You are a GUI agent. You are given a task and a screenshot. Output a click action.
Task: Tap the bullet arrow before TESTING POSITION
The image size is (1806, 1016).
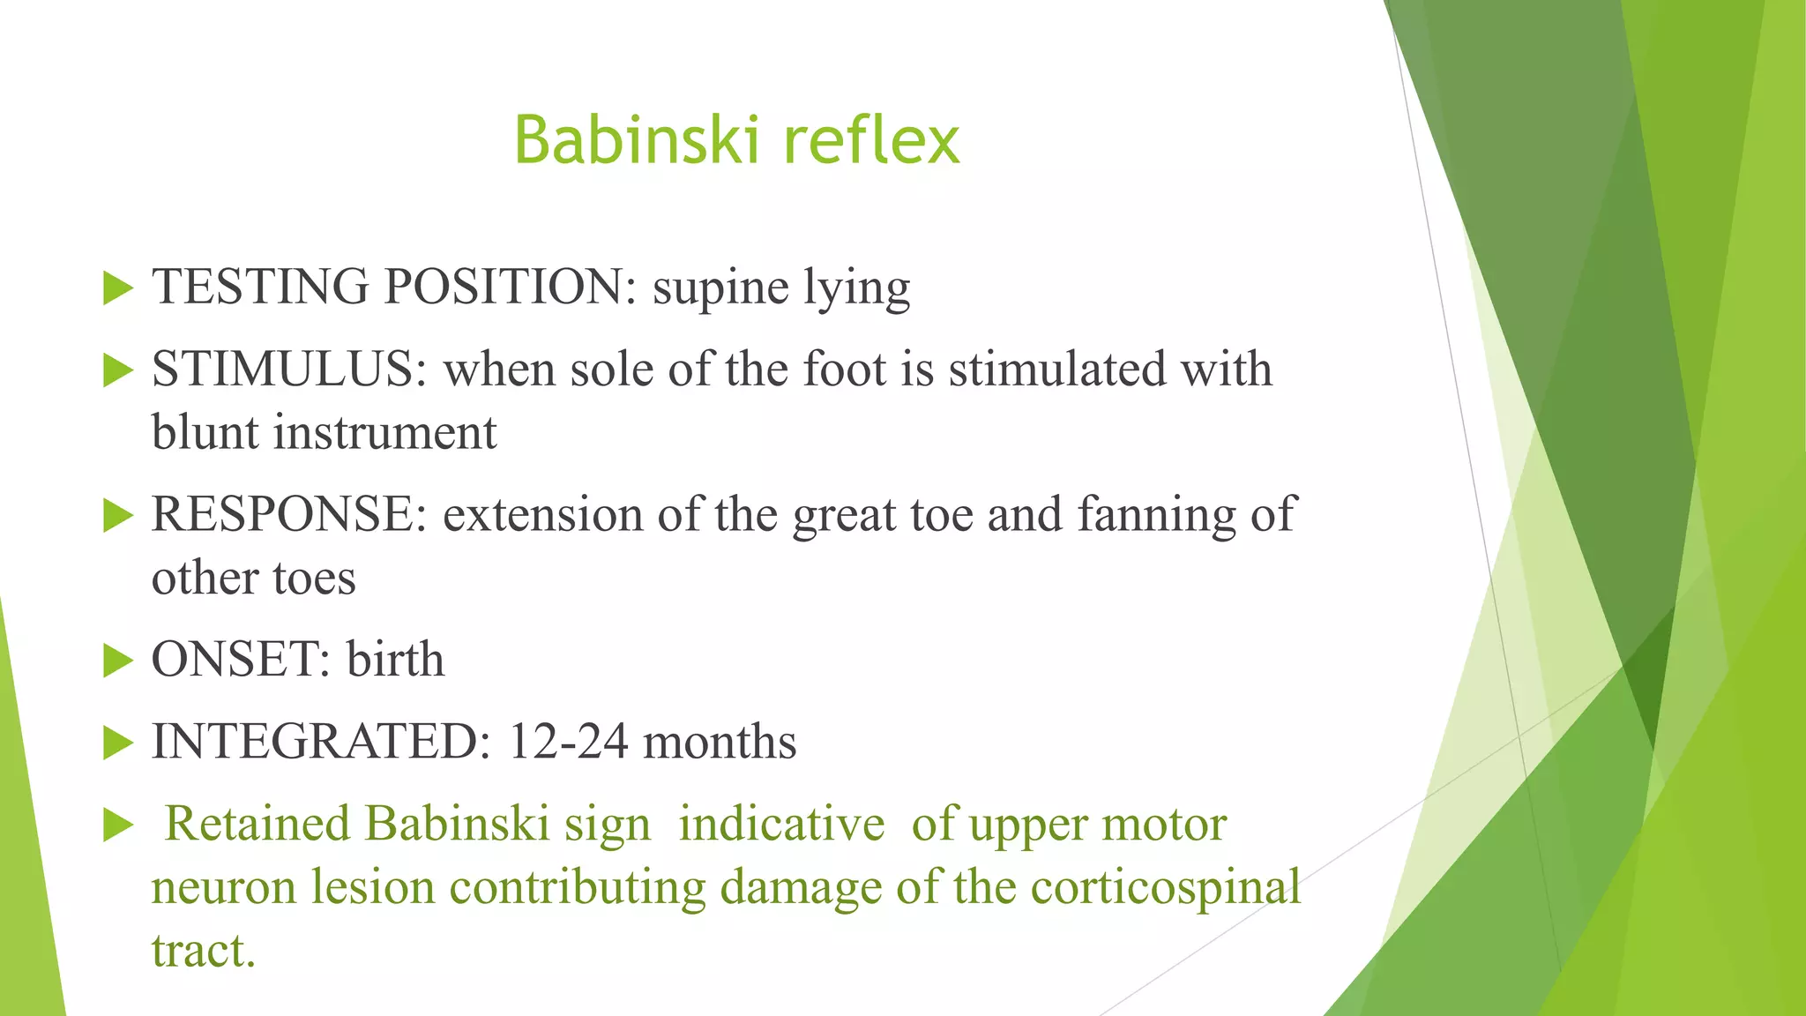click(117, 288)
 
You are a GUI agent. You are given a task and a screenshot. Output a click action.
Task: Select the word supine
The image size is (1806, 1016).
click(720, 288)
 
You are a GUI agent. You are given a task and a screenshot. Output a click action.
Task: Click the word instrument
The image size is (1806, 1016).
click(384, 433)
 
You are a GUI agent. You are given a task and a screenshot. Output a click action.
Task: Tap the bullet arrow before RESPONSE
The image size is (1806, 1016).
click(117, 515)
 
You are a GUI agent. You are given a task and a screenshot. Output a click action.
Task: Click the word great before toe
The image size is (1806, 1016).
click(844, 515)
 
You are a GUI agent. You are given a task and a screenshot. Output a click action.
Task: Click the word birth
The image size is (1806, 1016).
click(395, 660)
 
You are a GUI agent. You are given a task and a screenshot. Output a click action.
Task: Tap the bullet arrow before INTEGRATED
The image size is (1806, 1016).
click(117, 743)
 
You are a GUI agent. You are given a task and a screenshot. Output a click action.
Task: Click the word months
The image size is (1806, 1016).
click(720, 743)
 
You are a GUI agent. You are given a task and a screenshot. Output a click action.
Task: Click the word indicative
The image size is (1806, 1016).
click(781, 825)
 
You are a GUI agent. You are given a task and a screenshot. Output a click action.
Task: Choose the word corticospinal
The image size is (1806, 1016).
click(1166, 888)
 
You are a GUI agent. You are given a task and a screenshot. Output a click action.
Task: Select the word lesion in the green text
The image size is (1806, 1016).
click(373, 888)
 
